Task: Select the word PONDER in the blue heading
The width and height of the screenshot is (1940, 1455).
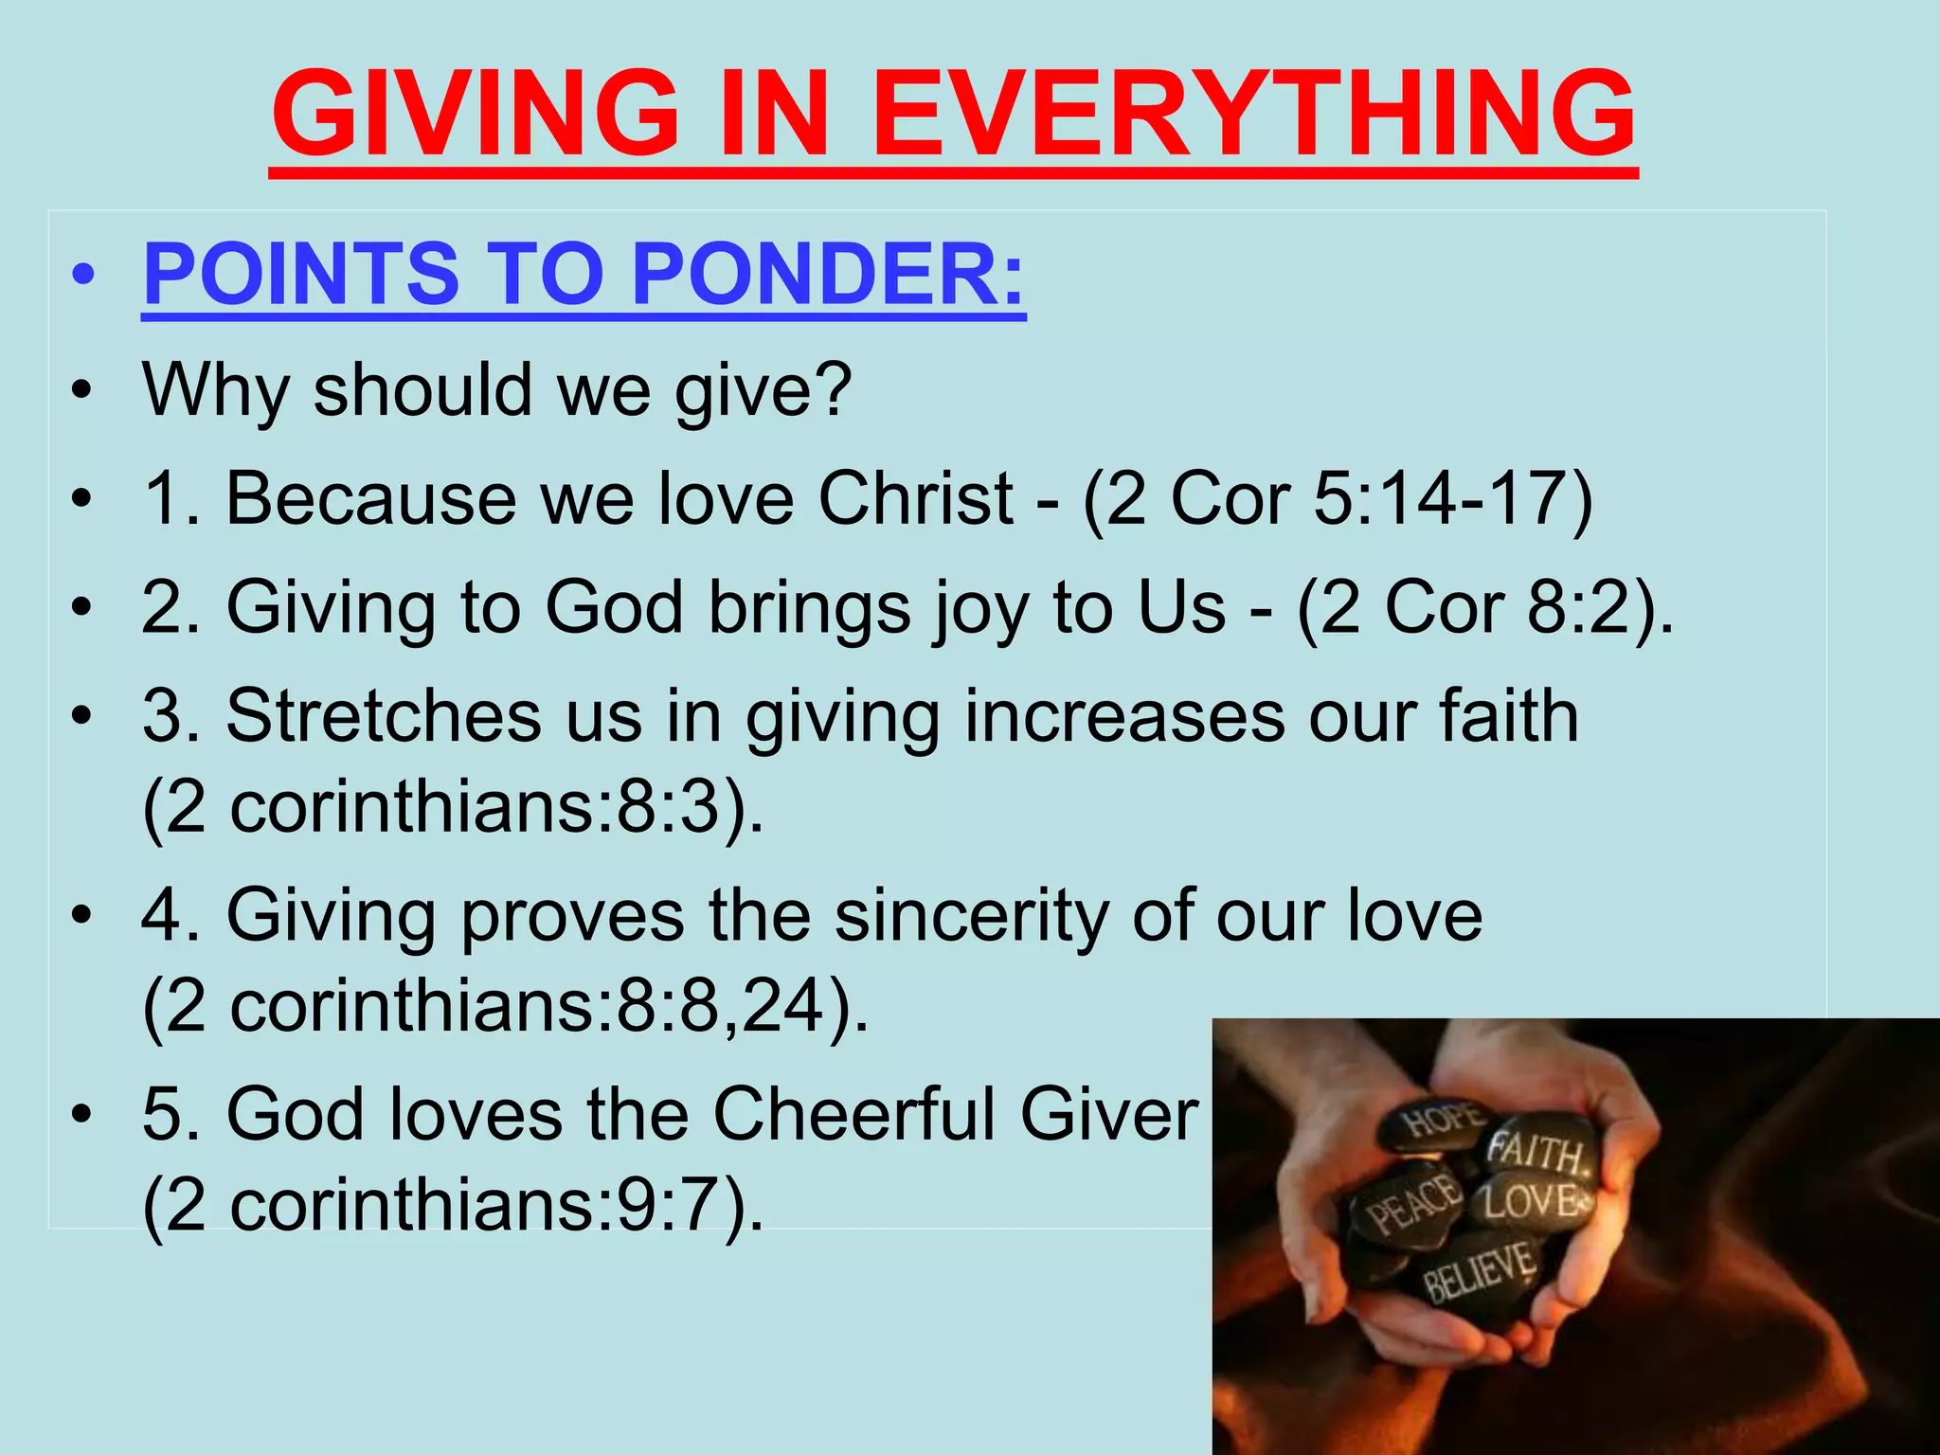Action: point(827,274)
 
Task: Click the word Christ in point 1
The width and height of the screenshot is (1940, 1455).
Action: point(915,498)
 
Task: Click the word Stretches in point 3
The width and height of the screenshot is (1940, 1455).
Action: point(383,716)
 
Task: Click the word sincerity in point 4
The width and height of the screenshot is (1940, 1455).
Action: point(972,915)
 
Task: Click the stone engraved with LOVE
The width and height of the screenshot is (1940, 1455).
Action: point(1536,1201)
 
